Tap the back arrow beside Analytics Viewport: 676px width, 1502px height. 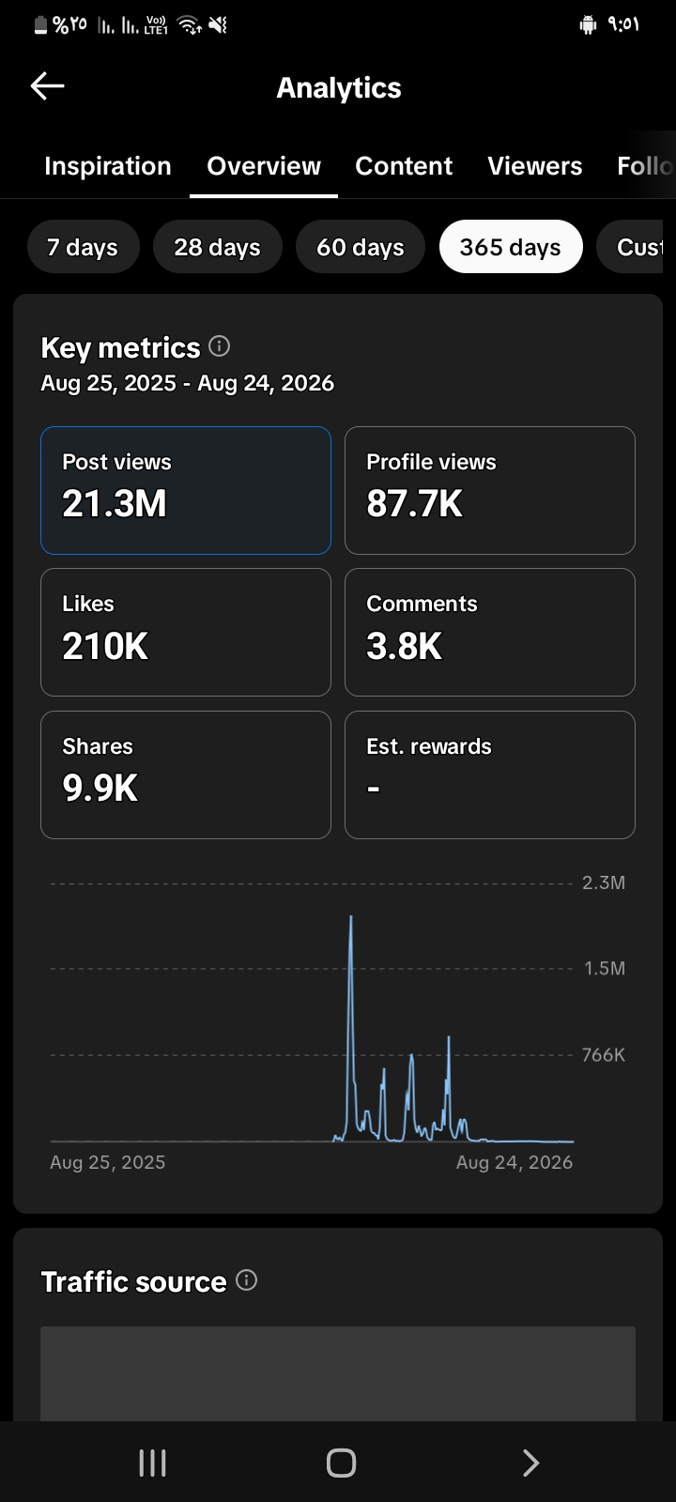(48, 85)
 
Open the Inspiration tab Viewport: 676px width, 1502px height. (108, 166)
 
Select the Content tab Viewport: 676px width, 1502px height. (404, 166)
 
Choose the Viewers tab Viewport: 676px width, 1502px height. (535, 166)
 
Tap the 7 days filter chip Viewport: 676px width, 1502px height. (84, 247)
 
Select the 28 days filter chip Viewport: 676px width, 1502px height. (217, 247)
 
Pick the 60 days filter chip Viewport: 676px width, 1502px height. (361, 247)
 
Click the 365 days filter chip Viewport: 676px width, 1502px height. (511, 247)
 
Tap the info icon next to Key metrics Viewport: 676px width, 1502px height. (220, 346)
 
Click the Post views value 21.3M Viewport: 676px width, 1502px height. (115, 503)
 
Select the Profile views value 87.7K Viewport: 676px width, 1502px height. (414, 503)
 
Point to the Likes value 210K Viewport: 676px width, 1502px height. (105, 647)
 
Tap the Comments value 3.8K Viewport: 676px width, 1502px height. (404, 647)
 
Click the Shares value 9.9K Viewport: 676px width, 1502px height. (100, 788)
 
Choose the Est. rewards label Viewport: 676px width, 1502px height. (429, 746)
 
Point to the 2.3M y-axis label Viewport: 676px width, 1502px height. (604, 883)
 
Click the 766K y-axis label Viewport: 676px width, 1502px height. (604, 1055)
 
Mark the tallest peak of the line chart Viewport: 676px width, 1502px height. (351, 916)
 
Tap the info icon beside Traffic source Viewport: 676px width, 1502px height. (247, 1280)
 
